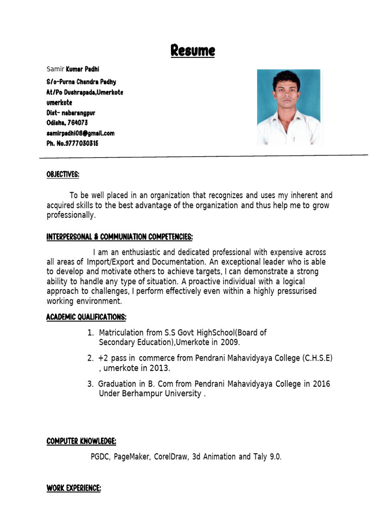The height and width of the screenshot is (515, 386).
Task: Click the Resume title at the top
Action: click(x=192, y=51)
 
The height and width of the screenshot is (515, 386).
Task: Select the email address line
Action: click(x=80, y=133)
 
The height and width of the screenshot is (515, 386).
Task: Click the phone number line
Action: click(x=72, y=143)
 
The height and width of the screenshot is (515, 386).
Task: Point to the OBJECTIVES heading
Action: click(x=63, y=175)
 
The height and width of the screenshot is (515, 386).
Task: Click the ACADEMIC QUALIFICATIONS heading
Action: click(x=86, y=317)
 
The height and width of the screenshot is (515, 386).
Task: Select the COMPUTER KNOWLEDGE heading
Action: click(x=81, y=442)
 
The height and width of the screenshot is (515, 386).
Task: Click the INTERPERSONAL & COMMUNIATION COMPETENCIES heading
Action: click(x=120, y=237)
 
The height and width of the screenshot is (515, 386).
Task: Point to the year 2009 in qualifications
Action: click(x=230, y=342)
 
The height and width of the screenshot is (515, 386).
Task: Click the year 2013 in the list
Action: click(x=160, y=368)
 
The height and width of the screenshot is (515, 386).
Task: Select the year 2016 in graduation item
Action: click(x=321, y=384)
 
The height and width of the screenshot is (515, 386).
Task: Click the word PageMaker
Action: click(x=131, y=457)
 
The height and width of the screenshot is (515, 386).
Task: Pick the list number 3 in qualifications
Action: click(x=90, y=384)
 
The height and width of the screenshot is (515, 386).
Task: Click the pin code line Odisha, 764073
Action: click(x=67, y=123)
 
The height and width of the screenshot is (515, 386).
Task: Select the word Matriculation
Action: click(x=121, y=332)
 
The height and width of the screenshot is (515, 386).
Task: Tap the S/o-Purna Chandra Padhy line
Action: click(x=81, y=81)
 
